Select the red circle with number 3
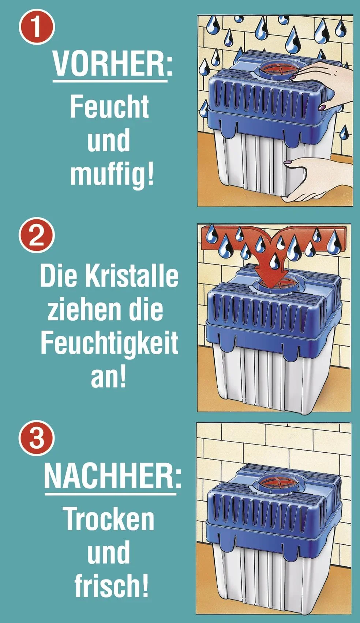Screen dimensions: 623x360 pos(36,438)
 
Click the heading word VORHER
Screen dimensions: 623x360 pos(109,64)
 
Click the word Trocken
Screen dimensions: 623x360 pos(109,519)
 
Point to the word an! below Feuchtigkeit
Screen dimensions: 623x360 pos(108,377)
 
